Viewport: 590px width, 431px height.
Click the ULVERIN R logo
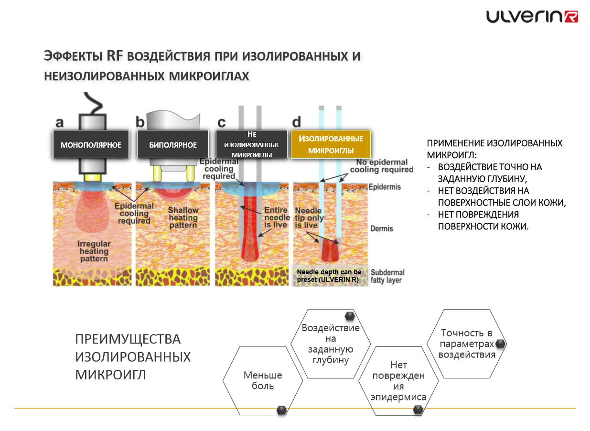click(x=532, y=17)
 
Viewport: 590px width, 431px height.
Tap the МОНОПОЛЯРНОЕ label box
click(x=91, y=144)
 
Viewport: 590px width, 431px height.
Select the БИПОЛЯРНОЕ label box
click(x=173, y=144)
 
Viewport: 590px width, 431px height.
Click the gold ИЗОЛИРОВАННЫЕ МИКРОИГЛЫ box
click(x=331, y=144)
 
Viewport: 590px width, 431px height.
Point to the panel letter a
click(x=59, y=122)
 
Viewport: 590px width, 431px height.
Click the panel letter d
click(x=297, y=122)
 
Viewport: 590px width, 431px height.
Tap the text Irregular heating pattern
click(x=94, y=251)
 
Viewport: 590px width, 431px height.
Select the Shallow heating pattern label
click(x=183, y=217)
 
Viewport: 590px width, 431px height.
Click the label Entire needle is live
click(x=277, y=217)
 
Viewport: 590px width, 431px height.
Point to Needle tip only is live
click(x=310, y=218)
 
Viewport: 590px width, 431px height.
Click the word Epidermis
click(x=384, y=187)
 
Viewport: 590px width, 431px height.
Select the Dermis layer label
click(x=382, y=228)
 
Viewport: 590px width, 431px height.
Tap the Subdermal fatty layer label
click(x=386, y=275)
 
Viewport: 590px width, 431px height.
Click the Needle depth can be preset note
click(x=329, y=276)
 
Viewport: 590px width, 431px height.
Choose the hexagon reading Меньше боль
click(x=263, y=380)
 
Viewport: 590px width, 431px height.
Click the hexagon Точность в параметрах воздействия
click(x=466, y=344)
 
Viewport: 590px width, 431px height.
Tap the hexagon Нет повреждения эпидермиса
click(x=398, y=381)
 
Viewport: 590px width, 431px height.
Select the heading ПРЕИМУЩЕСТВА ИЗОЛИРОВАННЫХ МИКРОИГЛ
click(x=133, y=357)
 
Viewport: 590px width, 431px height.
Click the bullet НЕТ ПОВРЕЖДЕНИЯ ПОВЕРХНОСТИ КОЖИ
click(x=483, y=220)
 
